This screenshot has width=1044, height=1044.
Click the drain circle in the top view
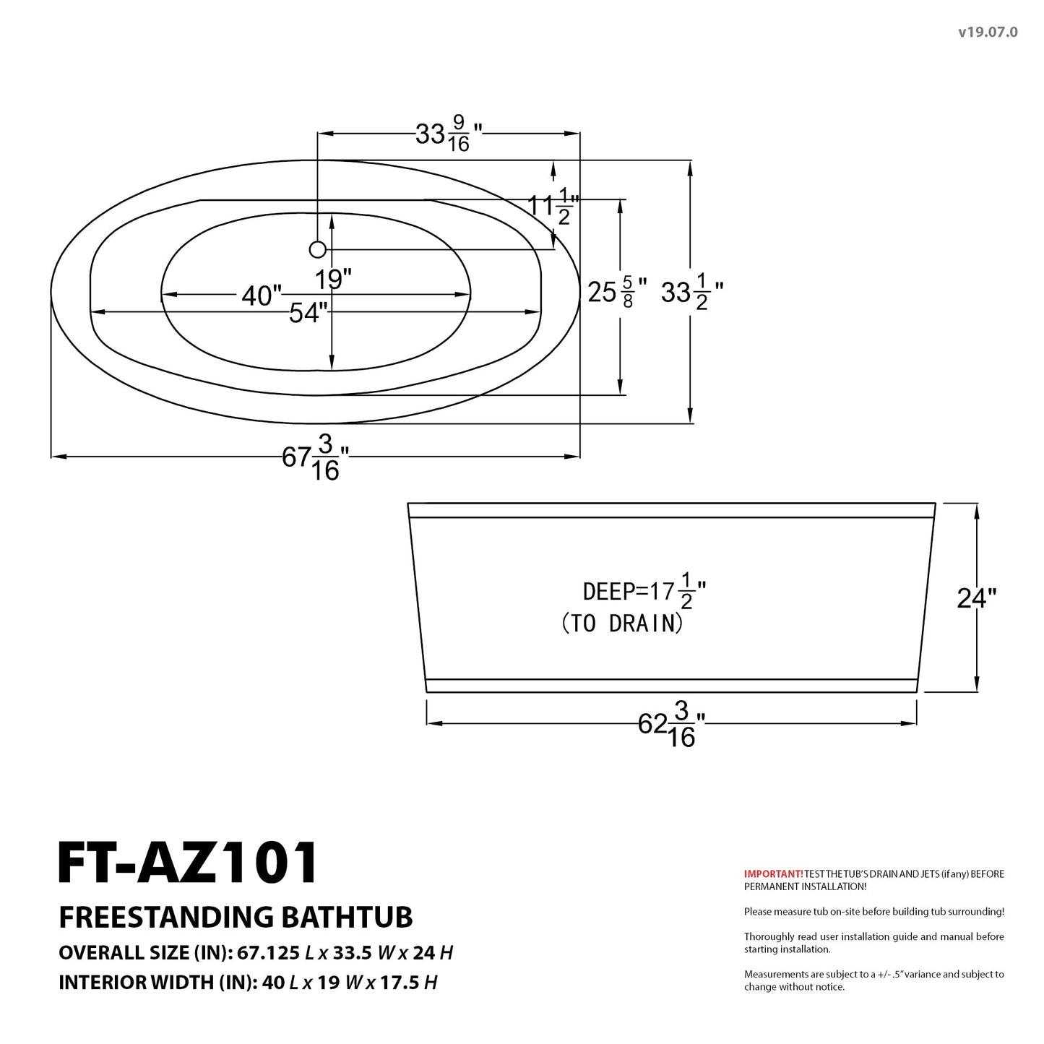tap(317, 250)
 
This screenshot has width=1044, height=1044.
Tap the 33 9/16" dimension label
tap(449, 134)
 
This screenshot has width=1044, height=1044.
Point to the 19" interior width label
tap(333, 280)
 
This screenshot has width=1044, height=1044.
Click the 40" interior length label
tap(262, 295)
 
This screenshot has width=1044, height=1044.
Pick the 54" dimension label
tap(309, 313)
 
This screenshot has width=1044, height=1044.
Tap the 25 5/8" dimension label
tap(618, 293)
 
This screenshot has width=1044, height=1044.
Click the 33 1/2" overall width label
tap(692, 293)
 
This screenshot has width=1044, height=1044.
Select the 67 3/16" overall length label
tap(316, 457)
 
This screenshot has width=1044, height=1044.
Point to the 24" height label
tap(977, 598)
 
